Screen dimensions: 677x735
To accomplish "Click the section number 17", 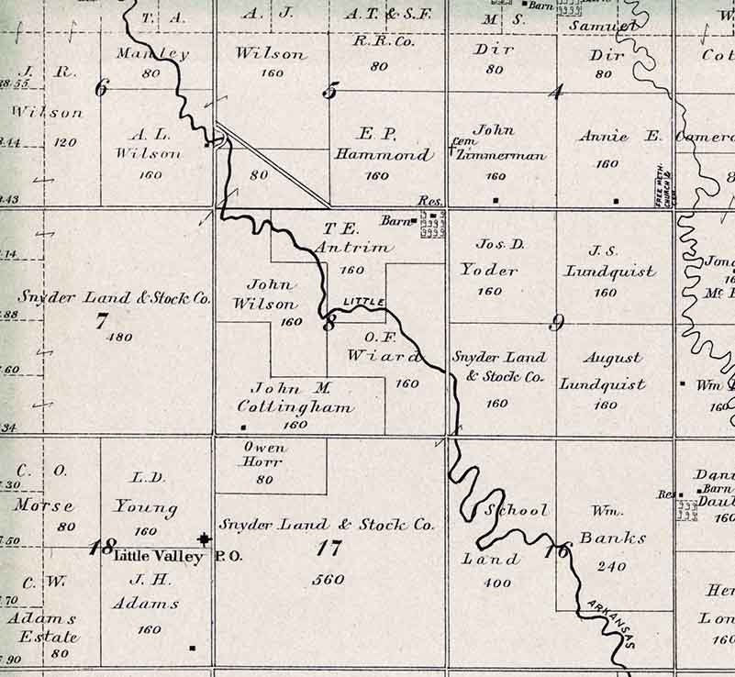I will [328, 549].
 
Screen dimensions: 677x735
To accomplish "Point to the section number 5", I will [330, 90].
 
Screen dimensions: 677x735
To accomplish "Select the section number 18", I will [100, 549].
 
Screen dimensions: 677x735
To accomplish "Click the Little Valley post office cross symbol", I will [204, 539].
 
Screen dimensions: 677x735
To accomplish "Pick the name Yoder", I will [489, 271].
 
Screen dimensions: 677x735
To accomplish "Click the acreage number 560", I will [328, 579].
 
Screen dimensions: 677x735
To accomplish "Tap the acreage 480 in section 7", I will [119, 337].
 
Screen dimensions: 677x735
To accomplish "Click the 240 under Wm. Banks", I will [612, 567].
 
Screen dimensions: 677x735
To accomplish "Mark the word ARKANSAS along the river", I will [607, 624].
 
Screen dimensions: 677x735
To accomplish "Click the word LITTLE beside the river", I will [361, 302].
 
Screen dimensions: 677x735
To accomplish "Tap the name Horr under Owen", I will [265, 463].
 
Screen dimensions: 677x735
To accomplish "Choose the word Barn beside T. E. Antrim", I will [397, 220].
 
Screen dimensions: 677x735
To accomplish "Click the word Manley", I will [152, 54].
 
